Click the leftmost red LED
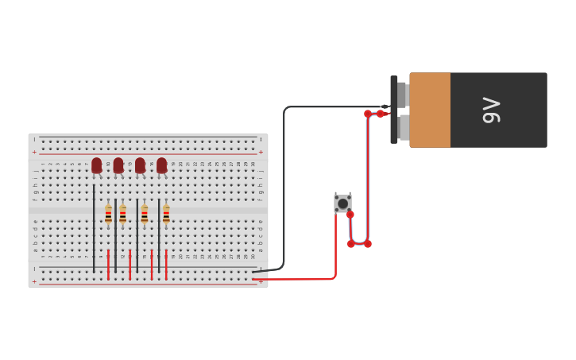[x=97, y=165]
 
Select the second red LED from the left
[x=118, y=165]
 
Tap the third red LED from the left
[x=140, y=165]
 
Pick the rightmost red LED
[x=162, y=165]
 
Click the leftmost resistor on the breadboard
[x=108, y=214]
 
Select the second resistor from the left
[x=122, y=214]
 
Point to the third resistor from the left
[x=145, y=214]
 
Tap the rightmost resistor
[x=166, y=214]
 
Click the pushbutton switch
[x=342, y=203]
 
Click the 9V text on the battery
[x=492, y=110]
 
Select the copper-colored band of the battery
[x=430, y=110]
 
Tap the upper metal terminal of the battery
[x=402, y=95]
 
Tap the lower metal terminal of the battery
[x=404, y=127]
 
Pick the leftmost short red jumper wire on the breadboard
[x=108, y=264]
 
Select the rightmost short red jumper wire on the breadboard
[x=166, y=264]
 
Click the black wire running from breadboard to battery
[x=284, y=183]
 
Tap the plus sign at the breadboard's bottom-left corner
[x=34, y=281]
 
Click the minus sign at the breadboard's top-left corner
[x=34, y=140]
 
